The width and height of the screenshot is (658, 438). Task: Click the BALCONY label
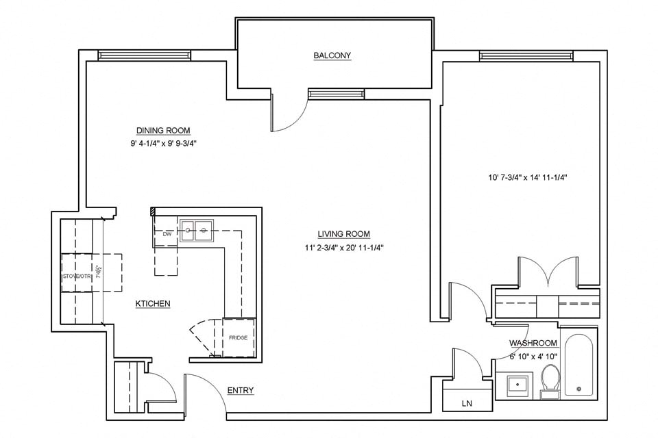(x=332, y=55)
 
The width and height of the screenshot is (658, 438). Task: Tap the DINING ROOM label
(x=162, y=131)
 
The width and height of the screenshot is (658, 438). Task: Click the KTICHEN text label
(x=152, y=303)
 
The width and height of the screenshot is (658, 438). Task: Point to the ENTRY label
(x=240, y=391)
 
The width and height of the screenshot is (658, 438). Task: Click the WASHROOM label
(x=533, y=343)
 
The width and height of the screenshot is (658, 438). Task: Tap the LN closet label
(x=467, y=404)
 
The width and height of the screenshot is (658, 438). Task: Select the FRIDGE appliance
(x=239, y=337)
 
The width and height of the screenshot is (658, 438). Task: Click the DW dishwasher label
(x=167, y=234)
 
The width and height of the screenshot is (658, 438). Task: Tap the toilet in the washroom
(x=550, y=381)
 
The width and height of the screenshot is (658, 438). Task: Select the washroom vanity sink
(x=515, y=385)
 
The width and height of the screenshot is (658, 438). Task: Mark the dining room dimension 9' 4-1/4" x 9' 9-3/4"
(x=162, y=144)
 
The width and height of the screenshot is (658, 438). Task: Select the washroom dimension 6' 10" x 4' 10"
(x=533, y=357)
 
